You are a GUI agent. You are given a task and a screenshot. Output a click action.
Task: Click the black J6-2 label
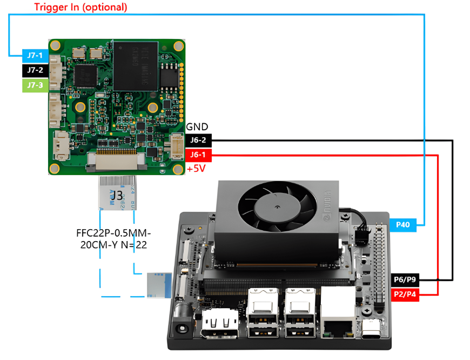(198, 141)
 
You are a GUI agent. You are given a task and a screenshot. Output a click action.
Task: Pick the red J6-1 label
(198, 156)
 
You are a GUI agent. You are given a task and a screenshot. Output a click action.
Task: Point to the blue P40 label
(403, 225)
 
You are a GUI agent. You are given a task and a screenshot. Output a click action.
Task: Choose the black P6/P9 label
(405, 280)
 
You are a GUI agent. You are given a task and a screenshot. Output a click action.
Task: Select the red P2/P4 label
(405, 295)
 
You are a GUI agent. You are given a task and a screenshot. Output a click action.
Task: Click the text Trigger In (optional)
(81, 8)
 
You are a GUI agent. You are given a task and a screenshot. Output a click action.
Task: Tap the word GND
(197, 127)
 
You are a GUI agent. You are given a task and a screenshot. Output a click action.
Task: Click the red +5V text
(196, 169)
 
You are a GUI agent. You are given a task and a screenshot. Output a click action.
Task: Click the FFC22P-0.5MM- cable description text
(113, 234)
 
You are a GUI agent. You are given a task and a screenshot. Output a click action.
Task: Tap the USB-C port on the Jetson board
(374, 328)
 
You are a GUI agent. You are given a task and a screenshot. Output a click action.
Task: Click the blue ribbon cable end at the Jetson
(160, 286)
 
